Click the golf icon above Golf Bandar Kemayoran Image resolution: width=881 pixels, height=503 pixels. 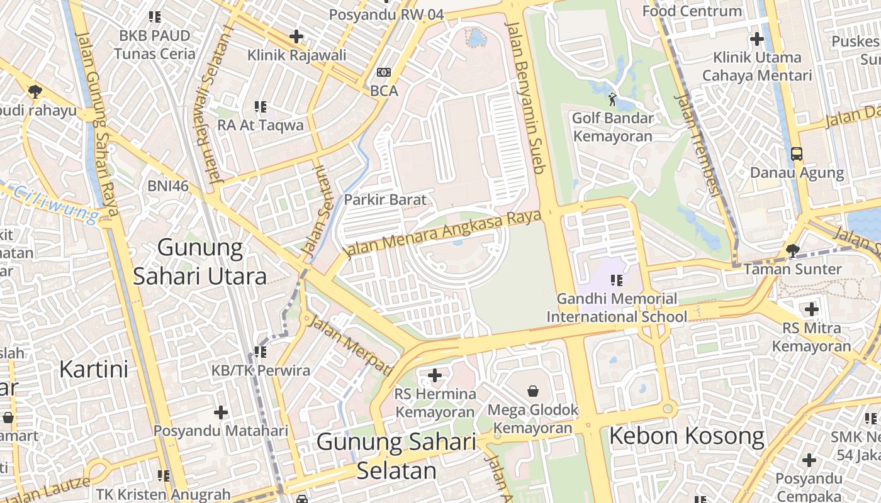pyautogui.click(x=612, y=99)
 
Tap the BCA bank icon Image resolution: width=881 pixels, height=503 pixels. pyautogui.click(x=383, y=72)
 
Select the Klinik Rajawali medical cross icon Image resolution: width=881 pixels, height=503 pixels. pyautogui.click(x=296, y=36)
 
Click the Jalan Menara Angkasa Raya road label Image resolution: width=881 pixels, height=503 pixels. pyautogui.click(x=443, y=233)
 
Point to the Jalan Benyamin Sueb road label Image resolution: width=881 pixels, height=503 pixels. pyautogui.click(x=529, y=97)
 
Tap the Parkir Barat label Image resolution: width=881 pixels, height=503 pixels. pyautogui.click(x=384, y=200)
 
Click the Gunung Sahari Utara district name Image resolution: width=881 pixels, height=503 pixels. pyautogui.click(x=200, y=262)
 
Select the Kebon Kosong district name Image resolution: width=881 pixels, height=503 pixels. pyautogui.click(x=687, y=436)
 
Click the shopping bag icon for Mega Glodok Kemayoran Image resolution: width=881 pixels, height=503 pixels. pyautogui.click(x=533, y=391)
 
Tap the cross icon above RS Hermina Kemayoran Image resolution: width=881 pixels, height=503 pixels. pyautogui.click(x=435, y=375)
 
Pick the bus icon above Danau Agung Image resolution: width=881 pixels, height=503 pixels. pyautogui.click(x=797, y=153)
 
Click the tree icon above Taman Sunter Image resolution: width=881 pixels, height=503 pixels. pyautogui.click(x=792, y=251)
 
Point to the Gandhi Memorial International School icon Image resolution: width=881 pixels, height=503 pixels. pyautogui.click(x=616, y=280)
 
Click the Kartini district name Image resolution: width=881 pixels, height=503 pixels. pyautogui.click(x=94, y=369)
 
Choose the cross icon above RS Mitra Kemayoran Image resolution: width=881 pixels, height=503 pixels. pyautogui.click(x=812, y=309)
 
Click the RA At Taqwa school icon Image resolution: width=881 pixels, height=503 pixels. pyautogui.click(x=261, y=107)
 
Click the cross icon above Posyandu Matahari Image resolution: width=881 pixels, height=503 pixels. pyautogui.click(x=221, y=412)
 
